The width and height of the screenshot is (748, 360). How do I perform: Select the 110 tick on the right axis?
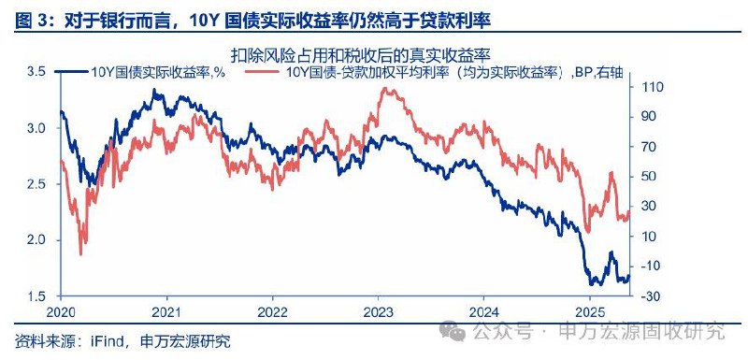point(651,86)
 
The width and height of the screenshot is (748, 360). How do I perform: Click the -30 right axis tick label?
point(651,296)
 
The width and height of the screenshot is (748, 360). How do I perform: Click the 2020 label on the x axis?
point(60,312)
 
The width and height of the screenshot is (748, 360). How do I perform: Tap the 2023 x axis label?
point(378,312)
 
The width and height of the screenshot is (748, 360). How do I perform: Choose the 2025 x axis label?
point(590,312)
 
